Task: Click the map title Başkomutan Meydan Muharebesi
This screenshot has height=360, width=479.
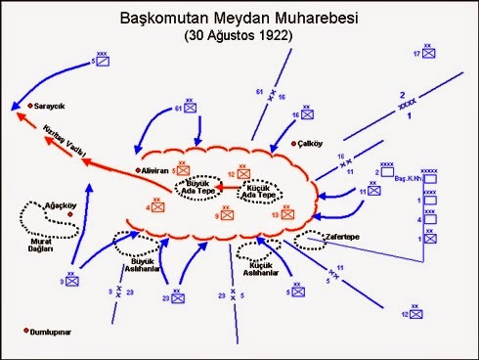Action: pos(239,18)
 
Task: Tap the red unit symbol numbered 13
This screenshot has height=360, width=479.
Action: pos(287,211)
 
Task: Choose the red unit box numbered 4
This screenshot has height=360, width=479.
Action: pos(158,207)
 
